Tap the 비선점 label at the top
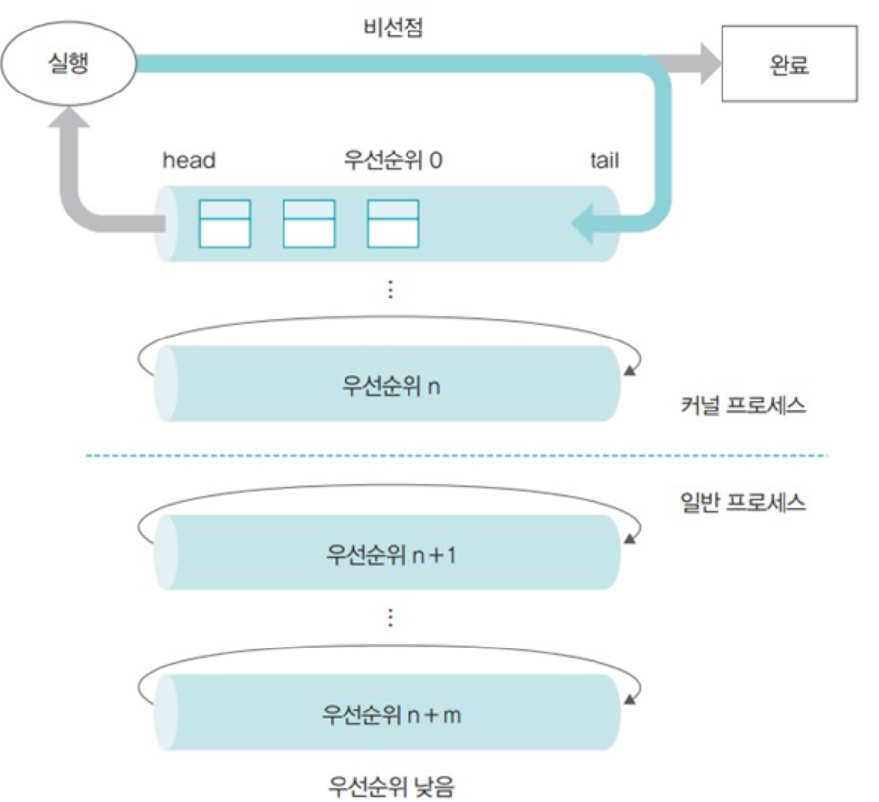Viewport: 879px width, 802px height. click(392, 27)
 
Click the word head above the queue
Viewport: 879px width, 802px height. click(188, 159)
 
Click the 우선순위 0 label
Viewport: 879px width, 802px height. click(392, 159)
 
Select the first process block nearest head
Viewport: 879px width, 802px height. click(224, 223)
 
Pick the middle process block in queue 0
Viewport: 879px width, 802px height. click(308, 223)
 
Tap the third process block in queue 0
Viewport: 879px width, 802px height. click(393, 223)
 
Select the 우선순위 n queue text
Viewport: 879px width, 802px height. click(391, 385)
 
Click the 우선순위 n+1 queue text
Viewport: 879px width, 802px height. click(391, 554)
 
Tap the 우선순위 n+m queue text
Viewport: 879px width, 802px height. click(391, 713)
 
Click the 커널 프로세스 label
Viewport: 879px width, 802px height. click(742, 404)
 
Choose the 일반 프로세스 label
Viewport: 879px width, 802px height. click(742, 503)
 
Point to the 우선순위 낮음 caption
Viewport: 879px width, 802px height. click(391, 785)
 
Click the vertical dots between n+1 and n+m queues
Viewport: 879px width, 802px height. click(391, 617)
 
